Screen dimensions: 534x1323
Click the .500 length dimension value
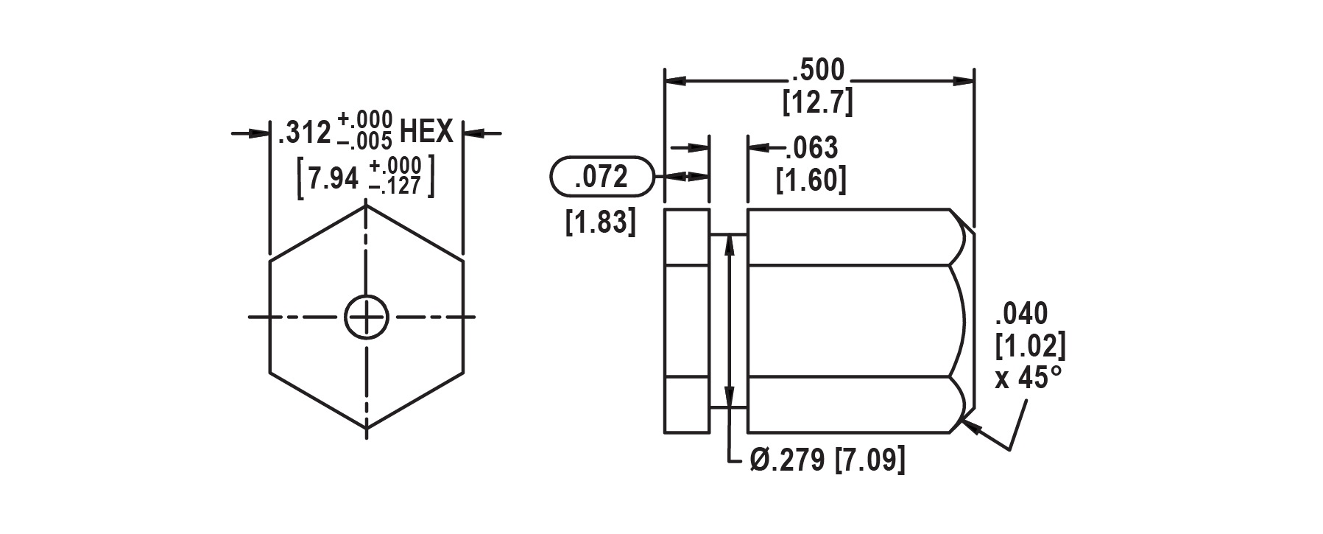[818, 71]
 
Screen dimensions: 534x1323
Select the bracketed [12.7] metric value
[818, 102]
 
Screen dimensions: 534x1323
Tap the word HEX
[426, 133]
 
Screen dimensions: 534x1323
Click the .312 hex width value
[304, 134]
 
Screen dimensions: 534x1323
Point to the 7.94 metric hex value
[333, 179]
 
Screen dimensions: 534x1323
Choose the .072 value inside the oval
[601, 178]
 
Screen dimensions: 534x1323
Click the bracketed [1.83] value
[600, 222]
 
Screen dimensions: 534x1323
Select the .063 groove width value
[811, 148]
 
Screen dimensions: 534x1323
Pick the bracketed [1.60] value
[811, 180]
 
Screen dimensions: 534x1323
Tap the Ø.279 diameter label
[789, 460]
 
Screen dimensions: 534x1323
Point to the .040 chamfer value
[1020, 314]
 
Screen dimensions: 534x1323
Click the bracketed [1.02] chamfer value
[1029, 345]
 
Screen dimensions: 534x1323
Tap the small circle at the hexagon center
[366, 317]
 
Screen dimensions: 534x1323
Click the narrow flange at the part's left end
[687, 320]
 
